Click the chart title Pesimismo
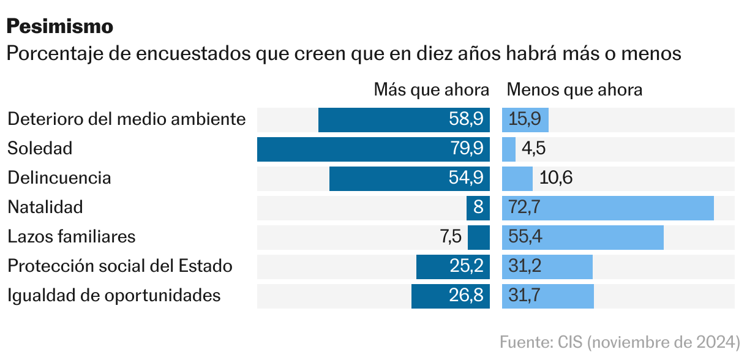coord(60,26)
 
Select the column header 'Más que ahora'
coord(432,90)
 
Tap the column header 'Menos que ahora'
coord(574,90)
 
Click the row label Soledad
coord(40,149)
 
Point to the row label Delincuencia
coord(59,178)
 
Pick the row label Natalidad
coord(45,208)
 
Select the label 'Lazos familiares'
coord(71,237)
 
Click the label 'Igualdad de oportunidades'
coord(114,296)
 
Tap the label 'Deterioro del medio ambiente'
coord(127,119)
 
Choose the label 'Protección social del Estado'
coord(120,266)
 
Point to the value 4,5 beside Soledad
coord(533,149)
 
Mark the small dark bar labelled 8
coord(478,208)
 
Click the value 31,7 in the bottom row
coord(524,296)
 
